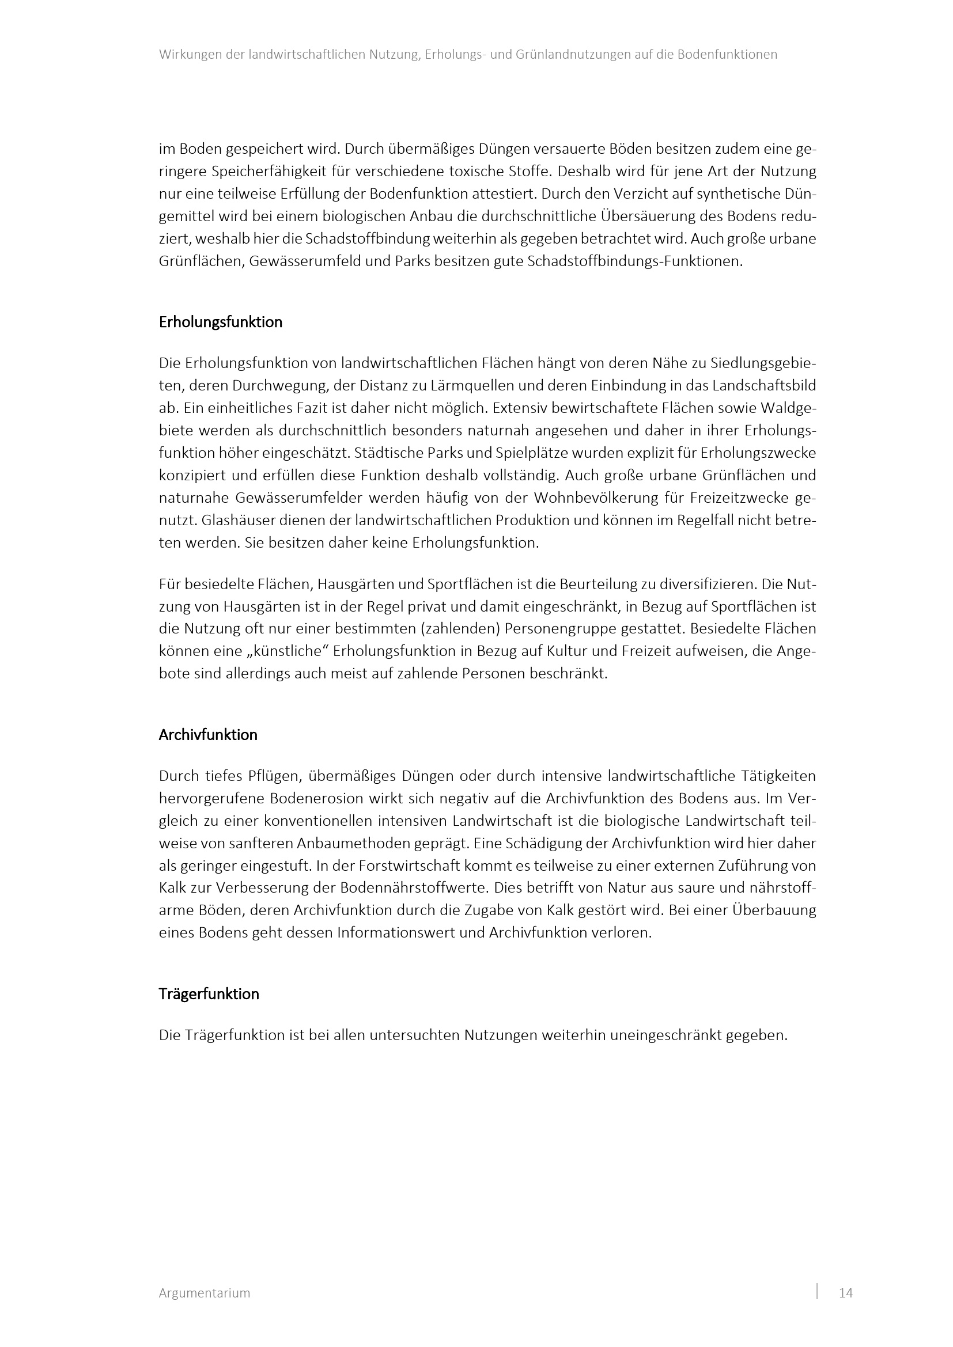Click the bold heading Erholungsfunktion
[x=220, y=322]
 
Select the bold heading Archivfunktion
[x=208, y=735]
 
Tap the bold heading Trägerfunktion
[x=209, y=995]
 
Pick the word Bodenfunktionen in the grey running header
[x=727, y=55]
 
